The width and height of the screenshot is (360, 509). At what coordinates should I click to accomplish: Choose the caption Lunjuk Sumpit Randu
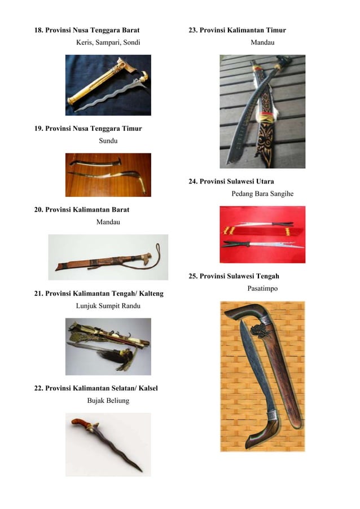[x=108, y=305]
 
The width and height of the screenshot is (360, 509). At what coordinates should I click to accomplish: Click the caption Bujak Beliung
[x=108, y=401]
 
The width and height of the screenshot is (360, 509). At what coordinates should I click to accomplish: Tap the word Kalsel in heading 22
[x=146, y=388]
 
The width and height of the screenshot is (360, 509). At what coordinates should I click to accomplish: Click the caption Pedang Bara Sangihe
[x=262, y=194]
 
